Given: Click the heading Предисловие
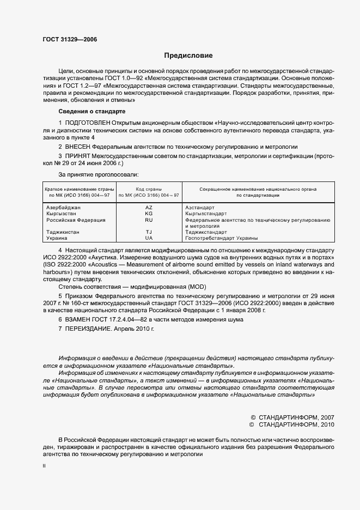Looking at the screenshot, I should [188, 56].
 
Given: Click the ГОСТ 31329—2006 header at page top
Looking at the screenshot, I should [66, 39].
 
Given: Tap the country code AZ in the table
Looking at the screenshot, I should [149, 208].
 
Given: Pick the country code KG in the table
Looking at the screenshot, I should [149, 214].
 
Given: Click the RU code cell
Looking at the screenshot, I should [149, 220].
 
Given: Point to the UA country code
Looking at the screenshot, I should [149, 238].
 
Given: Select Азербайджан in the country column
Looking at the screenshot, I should [63, 208].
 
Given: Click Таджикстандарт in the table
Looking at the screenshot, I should [206, 232].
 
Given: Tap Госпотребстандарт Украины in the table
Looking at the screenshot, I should [222, 238].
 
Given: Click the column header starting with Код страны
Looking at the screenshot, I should [149, 192].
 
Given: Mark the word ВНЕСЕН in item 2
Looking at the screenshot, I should [78, 147].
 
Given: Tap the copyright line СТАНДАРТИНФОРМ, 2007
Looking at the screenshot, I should [292, 416].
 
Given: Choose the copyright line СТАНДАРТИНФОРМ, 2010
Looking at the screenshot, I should [292, 424].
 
